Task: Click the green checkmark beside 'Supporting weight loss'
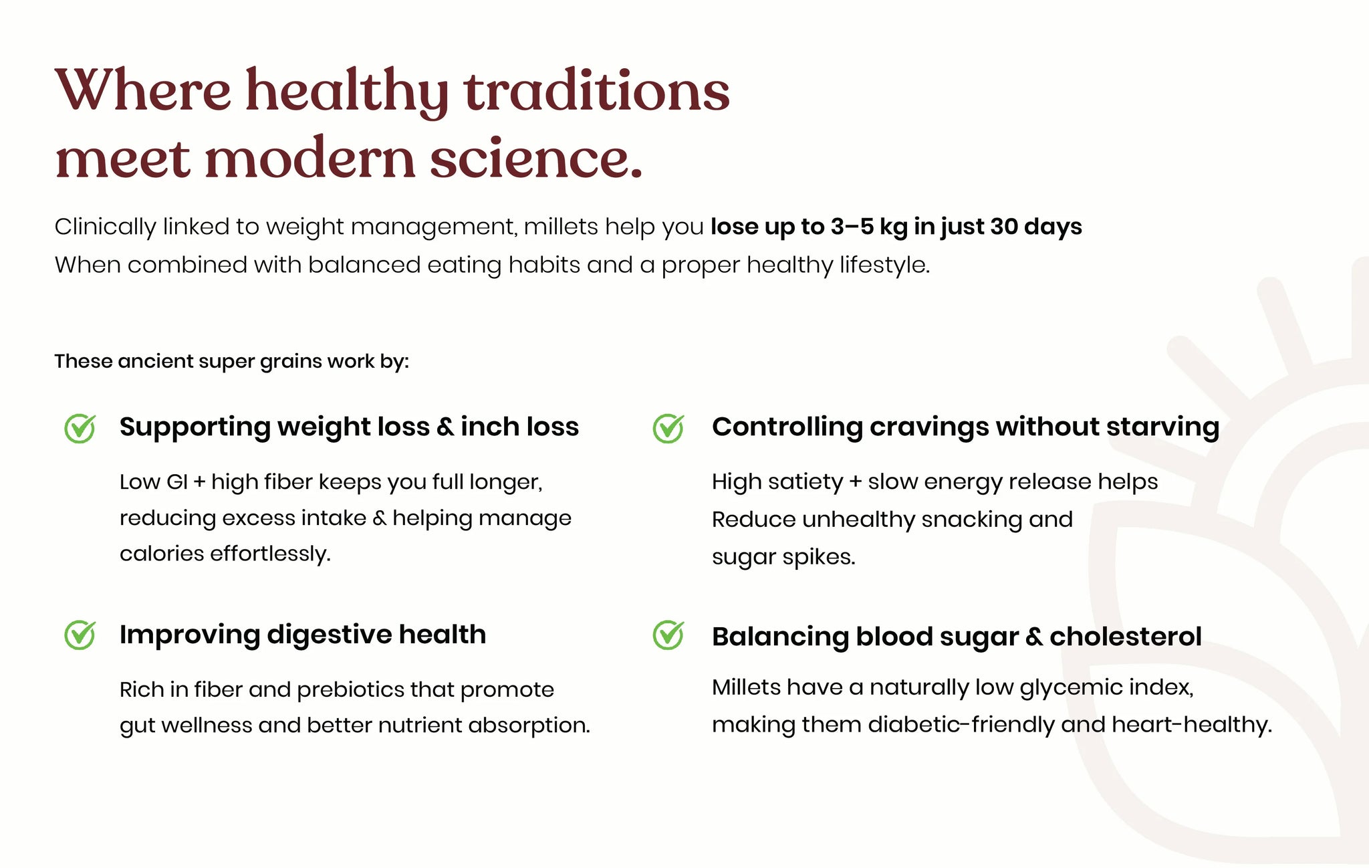80,428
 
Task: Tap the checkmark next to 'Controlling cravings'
668,428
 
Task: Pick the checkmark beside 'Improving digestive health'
80,635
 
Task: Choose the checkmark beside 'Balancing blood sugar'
668,635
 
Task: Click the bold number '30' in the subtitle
1003,227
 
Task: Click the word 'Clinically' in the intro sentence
105,227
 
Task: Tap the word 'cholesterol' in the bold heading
1126,637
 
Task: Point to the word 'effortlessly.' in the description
271,554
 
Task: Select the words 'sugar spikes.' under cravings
783,557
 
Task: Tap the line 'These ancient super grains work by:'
231,362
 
